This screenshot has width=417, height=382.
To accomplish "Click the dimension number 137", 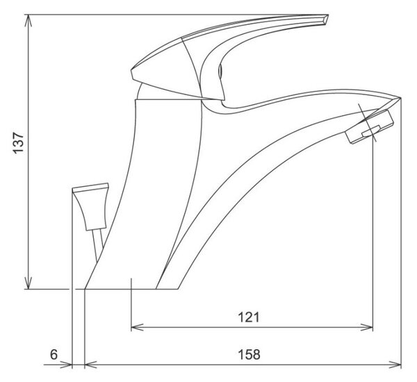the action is (x=19, y=142).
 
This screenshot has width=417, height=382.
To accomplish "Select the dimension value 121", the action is (x=248, y=317).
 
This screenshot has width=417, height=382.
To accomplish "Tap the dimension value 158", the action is (x=249, y=354).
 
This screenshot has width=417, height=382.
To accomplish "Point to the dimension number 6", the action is (x=54, y=354).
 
